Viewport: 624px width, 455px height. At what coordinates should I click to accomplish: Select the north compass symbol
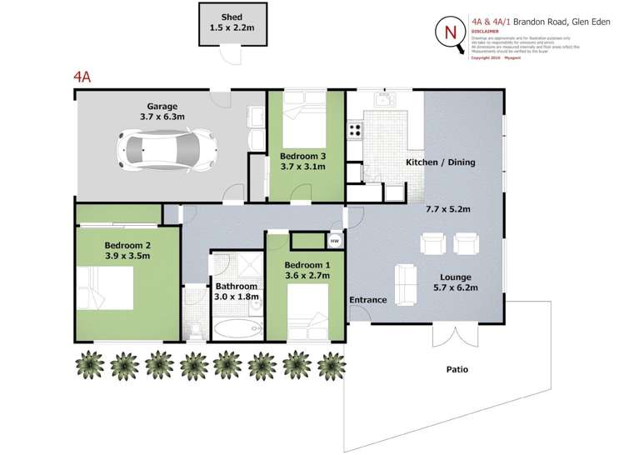(452, 33)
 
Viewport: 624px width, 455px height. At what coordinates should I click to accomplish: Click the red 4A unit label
(82, 77)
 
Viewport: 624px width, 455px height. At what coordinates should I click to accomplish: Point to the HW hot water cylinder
(335, 240)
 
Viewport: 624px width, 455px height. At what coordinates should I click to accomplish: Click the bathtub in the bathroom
(237, 330)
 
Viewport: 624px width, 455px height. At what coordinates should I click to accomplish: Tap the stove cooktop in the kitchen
(355, 130)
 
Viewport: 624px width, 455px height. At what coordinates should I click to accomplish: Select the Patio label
(457, 369)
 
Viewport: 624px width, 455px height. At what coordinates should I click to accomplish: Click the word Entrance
(367, 299)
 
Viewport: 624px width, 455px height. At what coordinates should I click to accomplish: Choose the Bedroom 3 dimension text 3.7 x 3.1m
(302, 167)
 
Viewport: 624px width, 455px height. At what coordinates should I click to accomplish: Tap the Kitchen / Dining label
(440, 162)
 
